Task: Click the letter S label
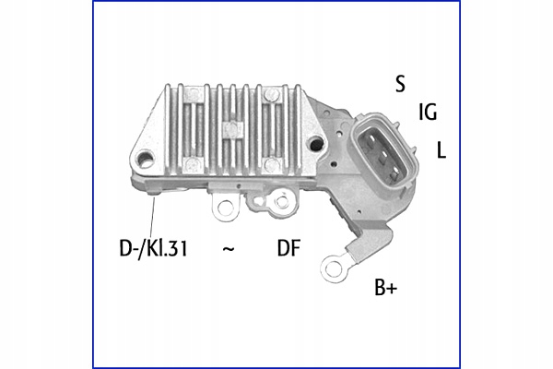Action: pyautogui.click(x=400, y=84)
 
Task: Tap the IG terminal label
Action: pyautogui.click(x=427, y=113)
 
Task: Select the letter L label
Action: pyautogui.click(x=441, y=149)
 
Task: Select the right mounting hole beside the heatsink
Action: pyautogui.click(x=316, y=143)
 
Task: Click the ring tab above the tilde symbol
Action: pyautogui.click(x=223, y=207)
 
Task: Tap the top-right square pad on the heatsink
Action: pyautogui.click(x=272, y=94)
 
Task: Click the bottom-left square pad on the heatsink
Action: pyautogui.click(x=191, y=163)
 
